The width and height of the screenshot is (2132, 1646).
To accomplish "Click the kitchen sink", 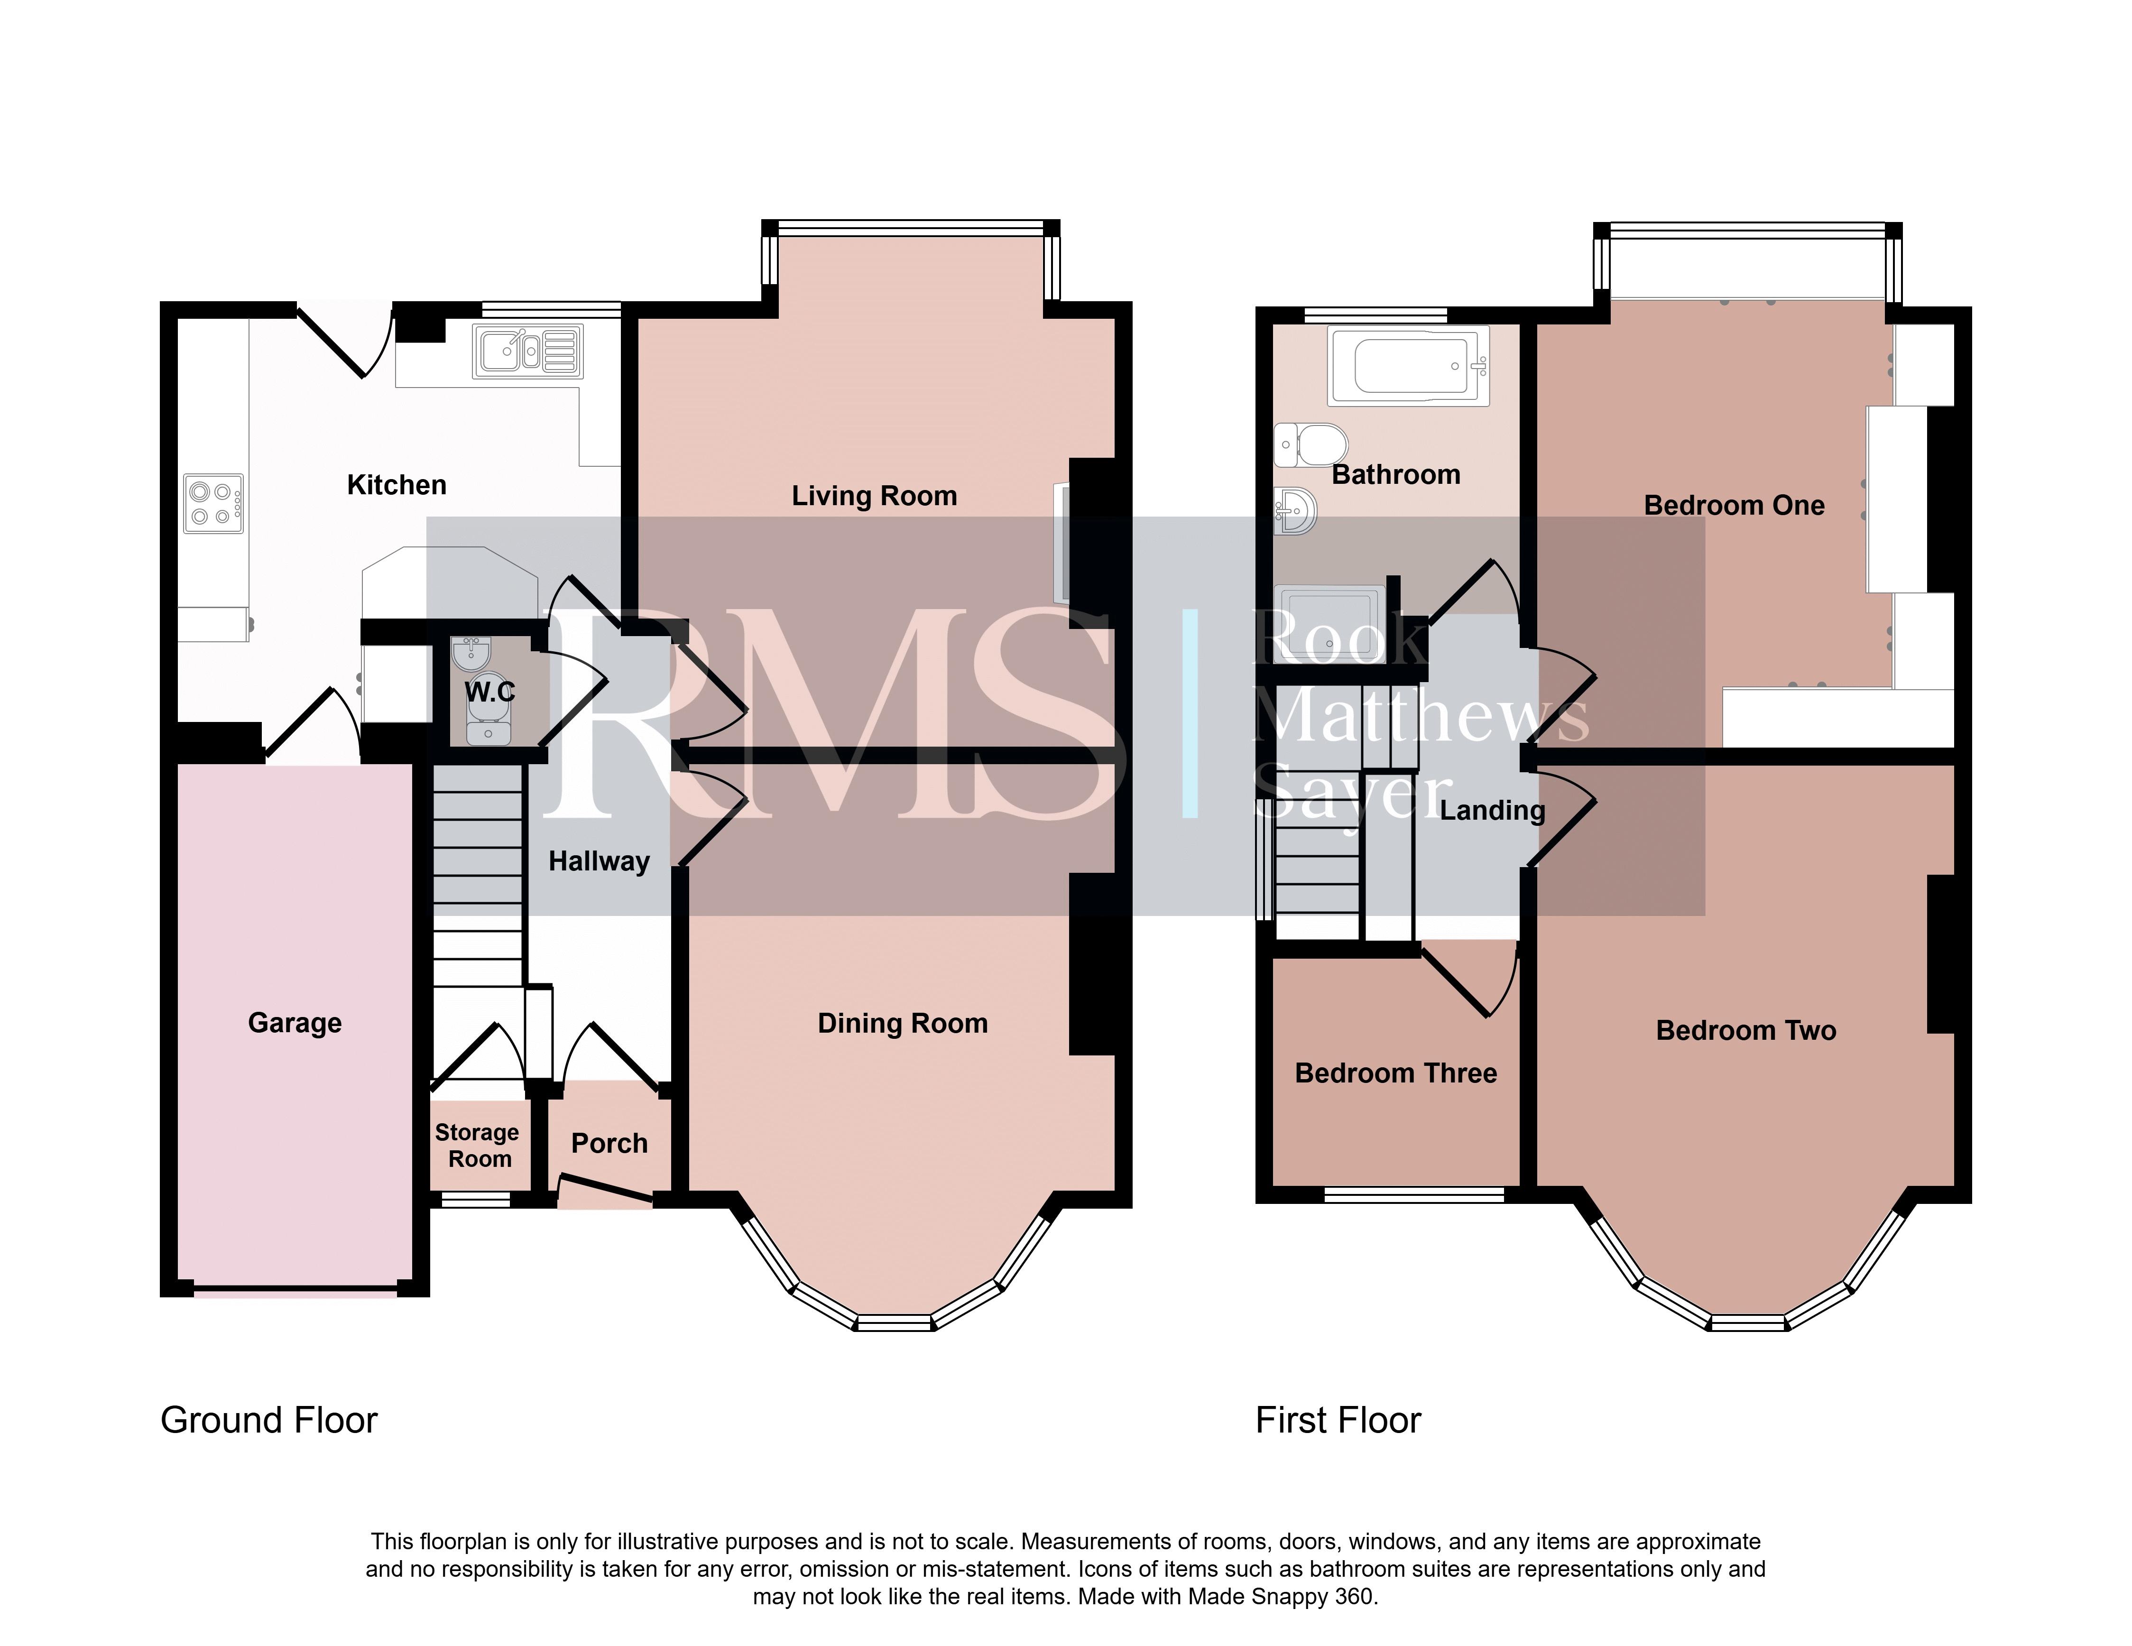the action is coord(527,351).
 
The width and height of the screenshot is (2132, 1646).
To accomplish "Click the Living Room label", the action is coord(874,496).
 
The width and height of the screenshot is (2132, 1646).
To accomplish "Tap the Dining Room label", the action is coord(902,1023).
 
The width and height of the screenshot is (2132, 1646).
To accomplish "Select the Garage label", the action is coord(295,1023).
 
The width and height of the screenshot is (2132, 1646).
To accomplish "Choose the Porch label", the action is coord(609,1143).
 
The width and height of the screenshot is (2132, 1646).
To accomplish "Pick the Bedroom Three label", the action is coord(1396,1073).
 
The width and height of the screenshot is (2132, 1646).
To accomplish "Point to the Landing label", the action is coord(1493,810).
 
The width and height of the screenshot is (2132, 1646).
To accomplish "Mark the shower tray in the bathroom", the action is coord(1330,623).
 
